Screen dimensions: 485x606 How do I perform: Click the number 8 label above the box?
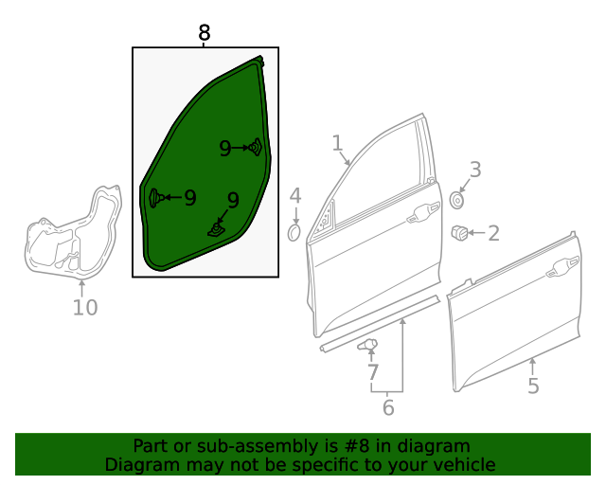tap(205, 33)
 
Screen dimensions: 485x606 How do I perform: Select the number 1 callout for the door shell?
tap(337, 143)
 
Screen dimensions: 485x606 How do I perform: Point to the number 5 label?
tap(533, 386)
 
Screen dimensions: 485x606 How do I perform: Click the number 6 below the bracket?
tap(387, 408)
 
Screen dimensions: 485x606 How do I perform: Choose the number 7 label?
tap(373, 372)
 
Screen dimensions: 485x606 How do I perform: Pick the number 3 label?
tap(475, 170)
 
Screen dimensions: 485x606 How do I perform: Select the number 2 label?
tap(493, 232)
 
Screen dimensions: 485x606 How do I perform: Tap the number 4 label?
tap(295, 196)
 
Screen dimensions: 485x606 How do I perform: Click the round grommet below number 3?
tap(458, 200)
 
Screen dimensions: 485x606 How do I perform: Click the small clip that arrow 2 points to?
tap(459, 231)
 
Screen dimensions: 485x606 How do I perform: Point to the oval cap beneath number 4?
tap(294, 232)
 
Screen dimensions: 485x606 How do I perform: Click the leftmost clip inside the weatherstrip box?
tap(155, 197)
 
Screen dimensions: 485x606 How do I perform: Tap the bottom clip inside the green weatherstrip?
tap(218, 227)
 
